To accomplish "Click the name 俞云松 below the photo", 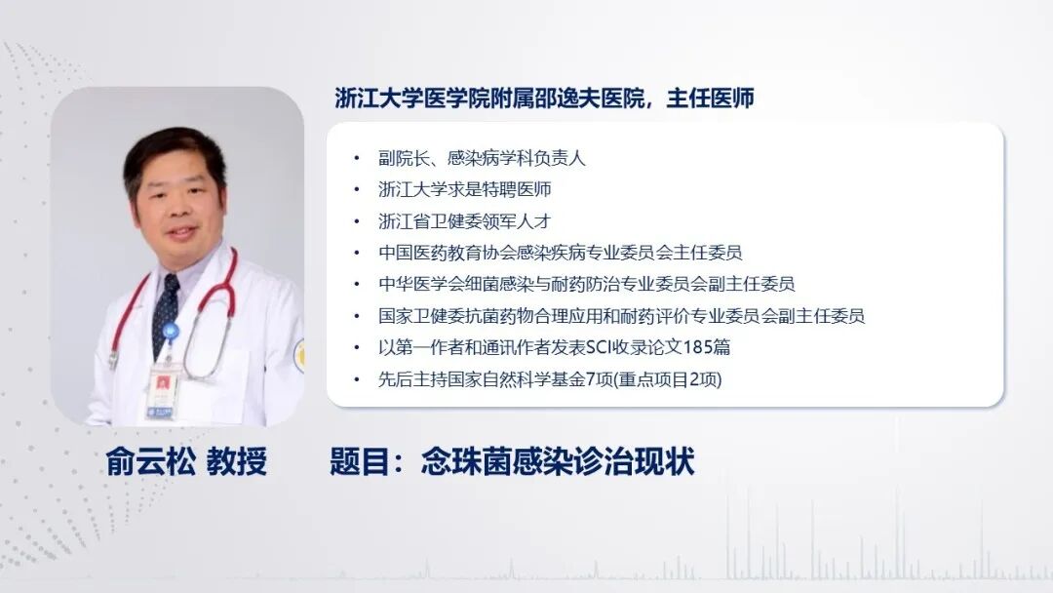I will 148,461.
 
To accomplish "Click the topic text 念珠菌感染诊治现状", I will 558,461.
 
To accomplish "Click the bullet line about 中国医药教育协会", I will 561,253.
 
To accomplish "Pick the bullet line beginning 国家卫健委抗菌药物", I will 621,315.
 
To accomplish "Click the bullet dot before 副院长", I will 357,158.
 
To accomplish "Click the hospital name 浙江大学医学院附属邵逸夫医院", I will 494,99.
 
